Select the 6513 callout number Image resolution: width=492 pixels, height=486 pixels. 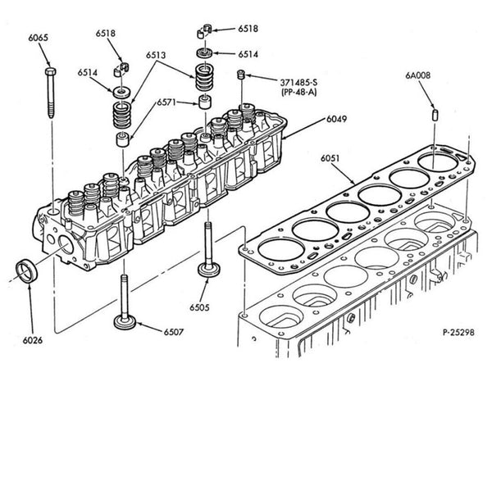pyautogui.click(x=157, y=56)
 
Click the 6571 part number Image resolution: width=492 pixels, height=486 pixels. pyautogui.click(x=169, y=102)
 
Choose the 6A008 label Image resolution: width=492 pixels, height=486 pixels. pyautogui.click(x=417, y=75)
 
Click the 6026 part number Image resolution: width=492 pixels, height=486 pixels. pyautogui.click(x=33, y=339)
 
